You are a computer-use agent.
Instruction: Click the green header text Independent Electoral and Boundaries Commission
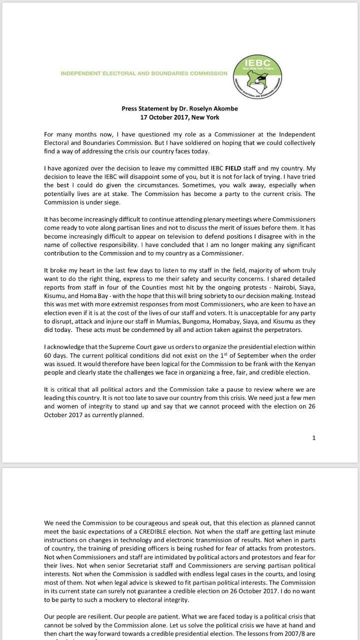(144, 73)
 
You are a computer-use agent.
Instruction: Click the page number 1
(314, 438)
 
